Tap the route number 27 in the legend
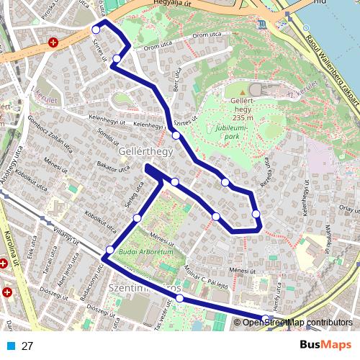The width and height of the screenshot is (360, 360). click(x=28, y=346)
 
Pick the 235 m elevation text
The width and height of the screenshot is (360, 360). click(x=243, y=118)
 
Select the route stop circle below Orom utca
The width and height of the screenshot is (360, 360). click(x=117, y=58)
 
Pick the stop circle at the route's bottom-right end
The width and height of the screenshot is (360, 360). click(x=266, y=319)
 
